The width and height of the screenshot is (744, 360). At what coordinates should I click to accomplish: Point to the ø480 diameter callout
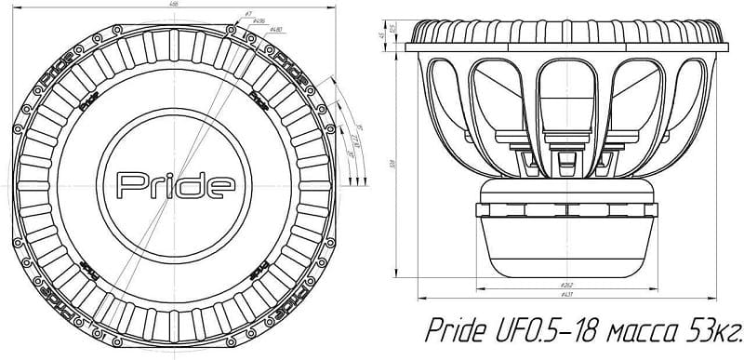(275, 31)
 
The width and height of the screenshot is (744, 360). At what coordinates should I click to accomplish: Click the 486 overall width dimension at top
(174, 5)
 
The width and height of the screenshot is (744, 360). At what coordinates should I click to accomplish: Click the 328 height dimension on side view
(395, 160)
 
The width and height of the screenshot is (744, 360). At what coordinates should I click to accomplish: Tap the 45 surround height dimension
(382, 35)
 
